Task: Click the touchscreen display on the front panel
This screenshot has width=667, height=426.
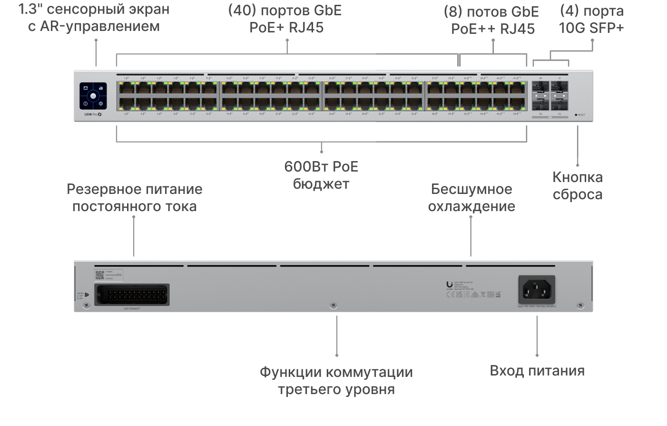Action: click(x=94, y=96)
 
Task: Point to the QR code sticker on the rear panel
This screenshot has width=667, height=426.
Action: click(x=99, y=275)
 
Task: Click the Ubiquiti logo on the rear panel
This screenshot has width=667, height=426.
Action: click(x=449, y=283)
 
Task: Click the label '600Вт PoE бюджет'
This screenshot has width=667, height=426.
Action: click(x=321, y=175)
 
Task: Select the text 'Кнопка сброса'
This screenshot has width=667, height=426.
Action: click(x=578, y=186)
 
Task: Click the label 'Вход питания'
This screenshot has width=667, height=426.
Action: click(x=537, y=371)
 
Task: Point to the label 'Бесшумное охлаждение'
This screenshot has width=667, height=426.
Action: click(x=471, y=197)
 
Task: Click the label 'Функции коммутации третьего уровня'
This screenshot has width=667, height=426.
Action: click(x=336, y=380)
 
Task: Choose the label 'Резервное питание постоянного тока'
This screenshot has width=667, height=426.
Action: click(x=135, y=197)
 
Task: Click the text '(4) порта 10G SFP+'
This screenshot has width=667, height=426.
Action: click(x=591, y=19)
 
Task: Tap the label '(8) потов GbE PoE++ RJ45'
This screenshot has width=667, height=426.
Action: click(x=493, y=20)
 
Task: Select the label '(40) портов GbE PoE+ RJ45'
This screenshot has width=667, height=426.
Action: click(x=286, y=19)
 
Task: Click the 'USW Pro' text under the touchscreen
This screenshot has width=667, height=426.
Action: click(x=90, y=115)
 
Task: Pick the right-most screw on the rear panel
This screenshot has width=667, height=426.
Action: click(x=579, y=305)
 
